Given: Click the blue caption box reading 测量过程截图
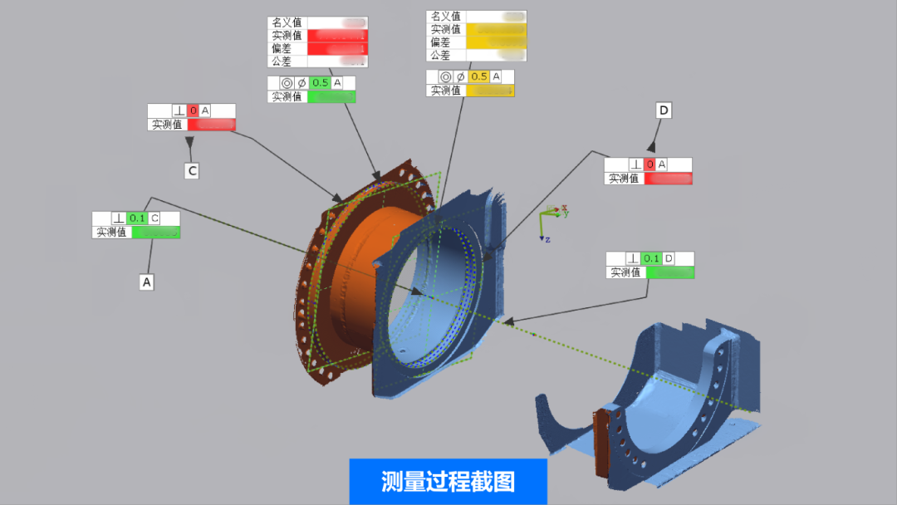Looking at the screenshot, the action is click(448, 481).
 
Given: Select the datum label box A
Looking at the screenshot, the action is click(147, 282).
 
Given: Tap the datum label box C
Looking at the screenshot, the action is click(192, 171).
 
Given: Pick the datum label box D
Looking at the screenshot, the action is click(664, 110).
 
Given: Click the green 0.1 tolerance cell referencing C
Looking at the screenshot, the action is click(138, 218).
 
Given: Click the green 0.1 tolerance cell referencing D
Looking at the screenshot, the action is click(652, 258).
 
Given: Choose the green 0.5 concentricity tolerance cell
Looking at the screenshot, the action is click(320, 83).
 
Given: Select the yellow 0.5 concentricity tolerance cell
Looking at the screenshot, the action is click(479, 76).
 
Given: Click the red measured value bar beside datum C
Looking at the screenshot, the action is click(211, 125).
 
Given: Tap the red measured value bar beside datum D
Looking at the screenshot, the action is click(668, 178).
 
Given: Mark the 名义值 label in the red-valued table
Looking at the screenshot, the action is click(287, 23).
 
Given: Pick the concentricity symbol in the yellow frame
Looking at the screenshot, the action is click(446, 76).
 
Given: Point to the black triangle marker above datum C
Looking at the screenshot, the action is click(190, 143).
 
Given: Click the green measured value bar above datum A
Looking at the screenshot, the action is click(155, 233).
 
